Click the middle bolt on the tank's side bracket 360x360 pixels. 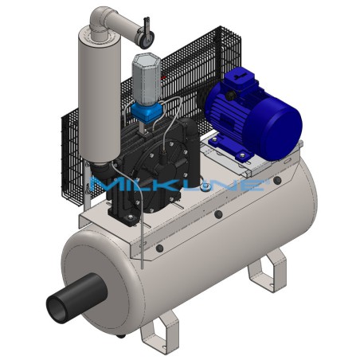click(x=217, y=215)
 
